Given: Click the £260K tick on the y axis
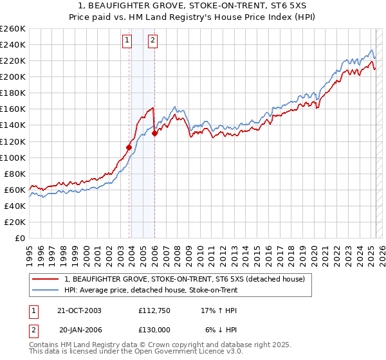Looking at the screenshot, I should (x=13, y=29).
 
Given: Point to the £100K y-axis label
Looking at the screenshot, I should (x=13, y=157).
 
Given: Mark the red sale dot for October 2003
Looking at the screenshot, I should (x=129, y=147).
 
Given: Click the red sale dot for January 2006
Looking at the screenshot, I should (x=155, y=134).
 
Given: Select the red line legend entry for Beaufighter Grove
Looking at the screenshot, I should (x=188, y=279).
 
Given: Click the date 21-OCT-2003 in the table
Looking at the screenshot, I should (x=79, y=310).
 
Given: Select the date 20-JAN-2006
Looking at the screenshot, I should (x=79, y=329).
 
